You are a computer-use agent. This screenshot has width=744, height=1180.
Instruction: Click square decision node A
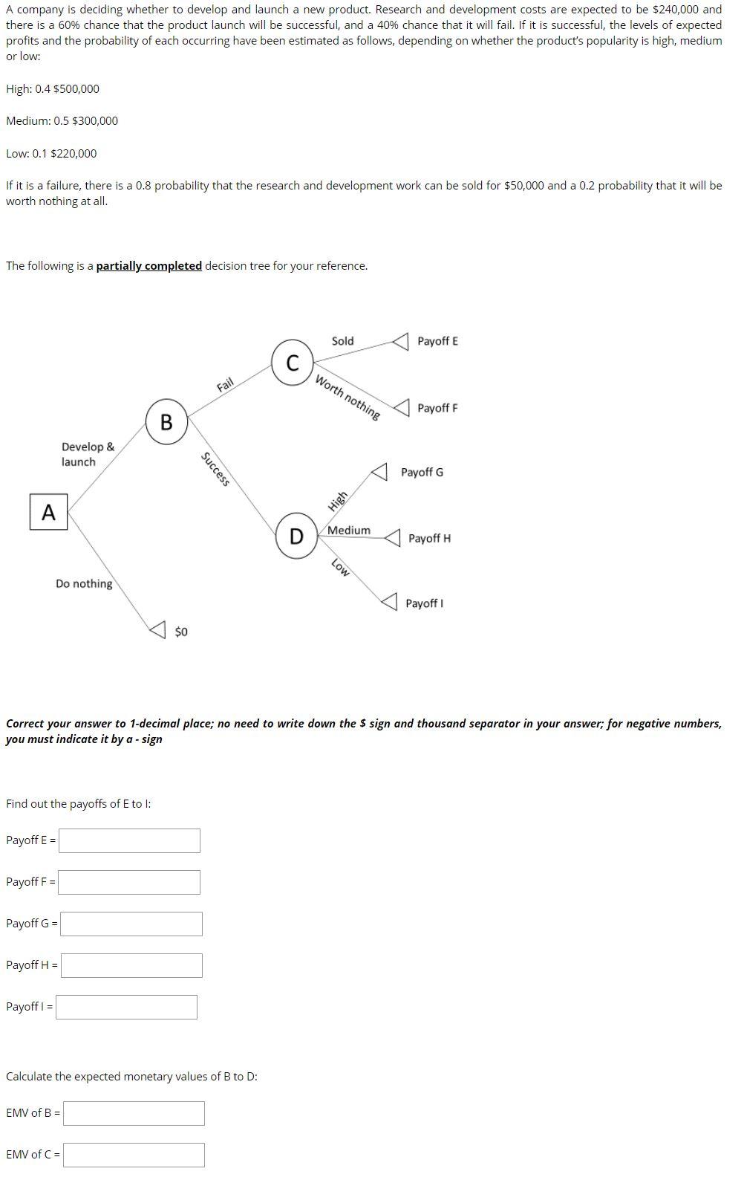[48, 512]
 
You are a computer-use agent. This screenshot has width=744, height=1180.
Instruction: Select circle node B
[166, 422]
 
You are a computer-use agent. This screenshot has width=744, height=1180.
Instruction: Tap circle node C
[293, 363]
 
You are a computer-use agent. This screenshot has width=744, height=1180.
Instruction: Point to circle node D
[296, 536]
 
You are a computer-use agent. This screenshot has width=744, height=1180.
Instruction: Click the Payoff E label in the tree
[437, 341]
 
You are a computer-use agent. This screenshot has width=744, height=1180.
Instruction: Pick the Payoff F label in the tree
[437, 408]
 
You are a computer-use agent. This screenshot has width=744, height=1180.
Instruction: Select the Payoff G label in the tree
[422, 473]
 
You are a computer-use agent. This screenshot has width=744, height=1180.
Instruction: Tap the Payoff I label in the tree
[424, 603]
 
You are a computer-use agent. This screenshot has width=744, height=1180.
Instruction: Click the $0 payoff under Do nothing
[181, 632]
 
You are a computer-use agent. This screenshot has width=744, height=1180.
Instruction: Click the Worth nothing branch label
[347, 398]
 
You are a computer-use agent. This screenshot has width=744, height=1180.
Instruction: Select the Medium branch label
[349, 530]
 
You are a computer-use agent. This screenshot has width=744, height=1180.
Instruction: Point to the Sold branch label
[342, 341]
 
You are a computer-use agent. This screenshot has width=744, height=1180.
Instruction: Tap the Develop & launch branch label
[88, 454]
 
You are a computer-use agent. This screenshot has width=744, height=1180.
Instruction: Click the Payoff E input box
[129, 840]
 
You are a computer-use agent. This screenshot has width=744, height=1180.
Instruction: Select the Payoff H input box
[131, 965]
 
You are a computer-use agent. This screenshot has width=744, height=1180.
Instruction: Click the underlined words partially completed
[149, 266]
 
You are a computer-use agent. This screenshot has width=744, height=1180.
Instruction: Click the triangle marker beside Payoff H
[393, 537]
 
